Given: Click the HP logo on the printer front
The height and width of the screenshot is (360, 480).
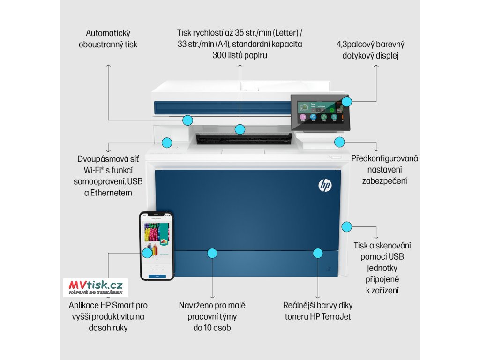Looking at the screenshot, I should pyautogui.click(x=325, y=186).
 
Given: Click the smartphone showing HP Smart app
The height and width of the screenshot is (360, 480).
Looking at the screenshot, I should pyautogui.click(x=157, y=246).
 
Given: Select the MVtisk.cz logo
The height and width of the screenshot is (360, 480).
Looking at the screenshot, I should pyautogui.click(x=96, y=287).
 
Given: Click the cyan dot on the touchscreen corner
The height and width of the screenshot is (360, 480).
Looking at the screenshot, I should pyautogui.click(x=346, y=101).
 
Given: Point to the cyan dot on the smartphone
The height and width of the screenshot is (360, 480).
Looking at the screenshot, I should pyautogui.click(x=147, y=252).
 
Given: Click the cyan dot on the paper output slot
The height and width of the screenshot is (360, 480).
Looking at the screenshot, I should pyautogui.click(x=240, y=129).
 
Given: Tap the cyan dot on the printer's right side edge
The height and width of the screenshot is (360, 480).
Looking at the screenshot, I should pyautogui.click(x=346, y=227).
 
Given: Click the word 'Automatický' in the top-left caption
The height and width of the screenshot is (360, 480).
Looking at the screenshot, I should pyautogui.click(x=108, y=33).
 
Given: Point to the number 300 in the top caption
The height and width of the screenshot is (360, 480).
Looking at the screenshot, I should pyautogui.click(x=220, y=55).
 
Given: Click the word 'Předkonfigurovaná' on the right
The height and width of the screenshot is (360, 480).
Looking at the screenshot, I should pyautogui.click(x=384, y=158).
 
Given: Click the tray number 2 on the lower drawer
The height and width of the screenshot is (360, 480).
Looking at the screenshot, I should pyautogui.click(x=329, y=269).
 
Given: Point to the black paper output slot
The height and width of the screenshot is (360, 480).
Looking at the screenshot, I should pyautogui.click(x=244, y=138).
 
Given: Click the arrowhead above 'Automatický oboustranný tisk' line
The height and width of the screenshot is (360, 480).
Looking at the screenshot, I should pyautogui.click(x=108, y=66).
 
